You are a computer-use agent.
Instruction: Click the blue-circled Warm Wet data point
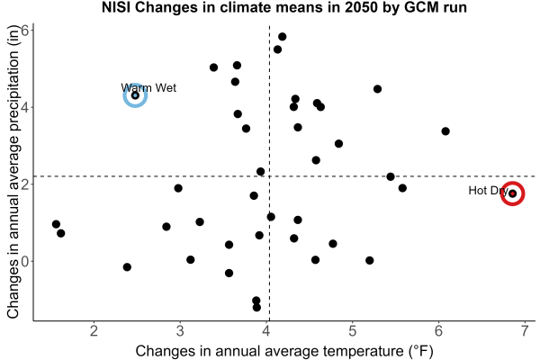135,95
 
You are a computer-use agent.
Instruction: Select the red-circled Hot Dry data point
512,193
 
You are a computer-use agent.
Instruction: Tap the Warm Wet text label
148,88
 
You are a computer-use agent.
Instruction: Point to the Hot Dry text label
489,191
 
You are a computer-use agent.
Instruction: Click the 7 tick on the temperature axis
525,331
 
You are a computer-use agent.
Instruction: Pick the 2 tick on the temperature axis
94,331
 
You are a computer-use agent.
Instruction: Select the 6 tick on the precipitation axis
25,31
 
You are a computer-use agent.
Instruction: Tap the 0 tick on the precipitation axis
25,261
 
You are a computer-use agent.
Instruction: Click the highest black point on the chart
282,37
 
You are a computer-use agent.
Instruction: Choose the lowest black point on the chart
256,307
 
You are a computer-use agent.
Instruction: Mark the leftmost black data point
56,224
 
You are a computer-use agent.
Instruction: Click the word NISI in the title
116,7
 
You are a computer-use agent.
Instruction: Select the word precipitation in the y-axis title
13,90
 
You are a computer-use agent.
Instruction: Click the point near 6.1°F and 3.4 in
445,131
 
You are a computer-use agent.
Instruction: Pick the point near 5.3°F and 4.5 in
377,89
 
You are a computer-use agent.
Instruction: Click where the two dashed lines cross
269,176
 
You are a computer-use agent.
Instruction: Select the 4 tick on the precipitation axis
25,107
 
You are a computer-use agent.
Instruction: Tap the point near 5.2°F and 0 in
370,260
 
